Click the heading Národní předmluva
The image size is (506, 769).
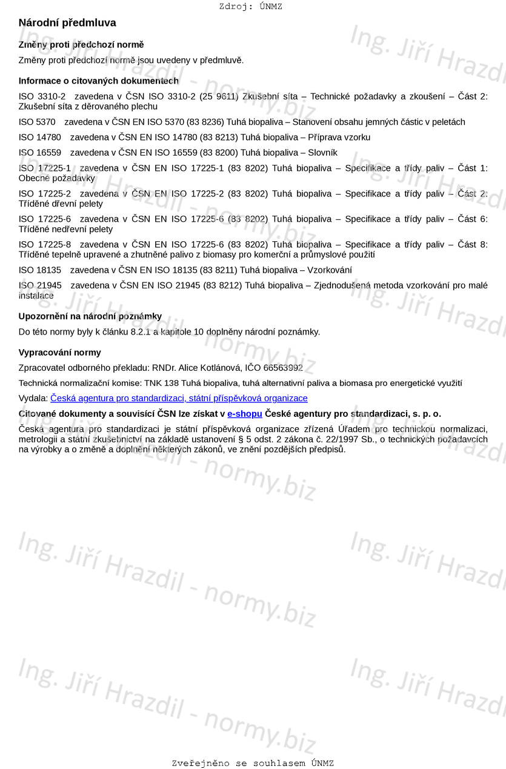point(67,23)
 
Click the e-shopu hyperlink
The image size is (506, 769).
point(245,414)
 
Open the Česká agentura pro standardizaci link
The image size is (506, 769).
point(179,398)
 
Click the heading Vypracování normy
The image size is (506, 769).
point(60,353)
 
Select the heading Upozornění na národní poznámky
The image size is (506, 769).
point(90,316)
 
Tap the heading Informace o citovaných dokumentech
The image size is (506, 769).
point(99,81)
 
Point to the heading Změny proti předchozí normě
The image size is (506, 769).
point(81,45)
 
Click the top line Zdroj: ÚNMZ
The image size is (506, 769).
point(250,7)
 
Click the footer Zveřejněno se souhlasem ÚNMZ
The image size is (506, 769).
point(253,764)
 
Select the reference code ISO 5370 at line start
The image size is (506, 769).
point(37,122)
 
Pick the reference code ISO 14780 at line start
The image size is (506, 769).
point(40,138)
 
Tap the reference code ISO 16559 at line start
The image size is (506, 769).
point(40,153)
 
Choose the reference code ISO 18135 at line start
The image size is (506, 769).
point(40,270)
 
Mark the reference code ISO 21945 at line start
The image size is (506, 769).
point(40,285)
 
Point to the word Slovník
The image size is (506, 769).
point(322,153)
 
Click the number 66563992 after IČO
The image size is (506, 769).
point(283,368)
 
